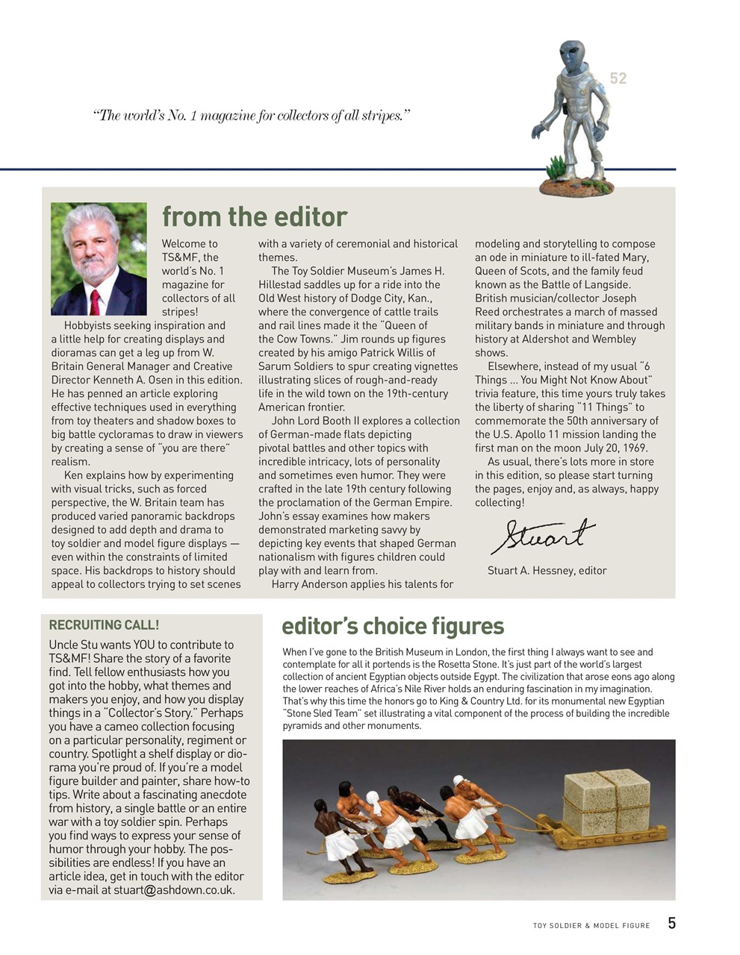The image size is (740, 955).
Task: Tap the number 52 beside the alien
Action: pyautogui.click(x=618, y=78)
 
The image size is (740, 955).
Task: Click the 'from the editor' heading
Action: pyautogui.click(x=255, y=216)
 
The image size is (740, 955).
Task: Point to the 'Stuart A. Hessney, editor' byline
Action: pyautogui.click(x=547, y=571)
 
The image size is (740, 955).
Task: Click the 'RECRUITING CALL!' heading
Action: pyautogui.click(x=104, y=625)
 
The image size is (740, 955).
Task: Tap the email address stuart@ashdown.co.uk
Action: pyautogui.click(x=174, y=890)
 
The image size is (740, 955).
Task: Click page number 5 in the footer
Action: pyautogui.click(x=671, y=924)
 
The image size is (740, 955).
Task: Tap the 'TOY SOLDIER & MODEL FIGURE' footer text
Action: pyautogui.click(x=591, y=926)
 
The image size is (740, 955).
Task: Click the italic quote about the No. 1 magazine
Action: pyautogui.click(x=252, y=116)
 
